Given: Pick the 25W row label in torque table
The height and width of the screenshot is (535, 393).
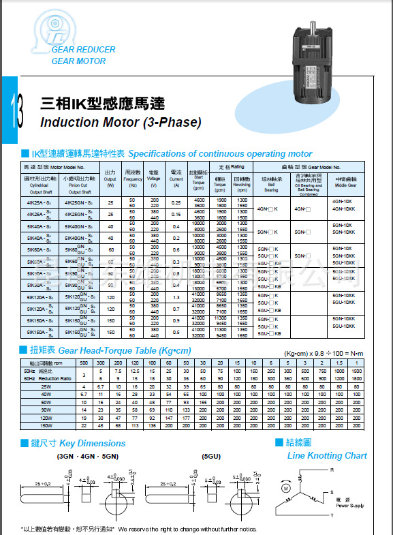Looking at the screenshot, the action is click(x=46, y=386).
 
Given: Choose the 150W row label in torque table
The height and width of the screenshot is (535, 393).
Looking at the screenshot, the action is click(x=46, y=425).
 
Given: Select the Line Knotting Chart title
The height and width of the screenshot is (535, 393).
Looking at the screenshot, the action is click(x=327, y=455).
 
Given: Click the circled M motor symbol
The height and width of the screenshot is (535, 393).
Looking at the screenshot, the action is click(x=287, y=489).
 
